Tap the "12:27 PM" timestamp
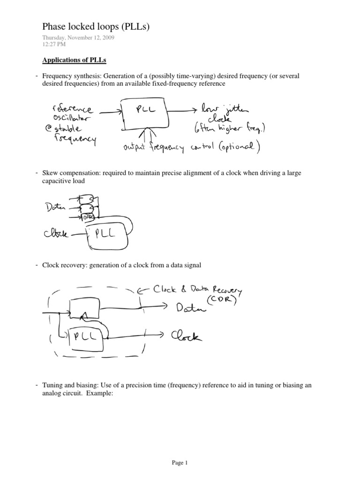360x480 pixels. tap(54, 44)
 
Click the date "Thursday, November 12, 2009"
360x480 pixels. tap(78, 38)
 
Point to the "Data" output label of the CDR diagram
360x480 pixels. tap(190, 308)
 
